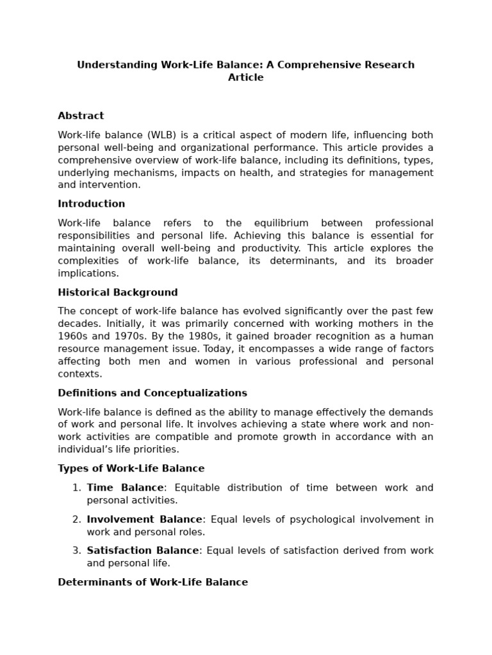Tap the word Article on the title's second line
246,77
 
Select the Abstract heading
81,116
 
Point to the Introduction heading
92,204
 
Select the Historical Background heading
118,292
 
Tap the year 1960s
73,336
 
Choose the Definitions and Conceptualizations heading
152,393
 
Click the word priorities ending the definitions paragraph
153,449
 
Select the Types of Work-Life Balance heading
131,468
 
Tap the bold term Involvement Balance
145,519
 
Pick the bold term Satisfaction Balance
143,551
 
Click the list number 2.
76,519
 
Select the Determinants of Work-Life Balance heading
152,582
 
